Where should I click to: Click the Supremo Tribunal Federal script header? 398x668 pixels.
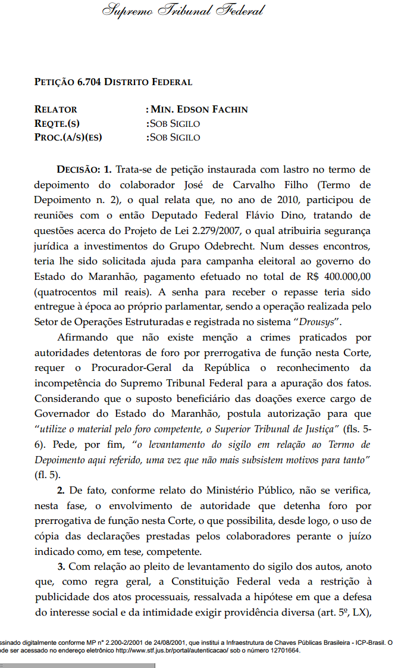[183, 11]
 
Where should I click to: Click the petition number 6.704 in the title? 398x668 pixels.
[89, 82]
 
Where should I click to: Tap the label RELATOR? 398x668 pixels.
[56, 110]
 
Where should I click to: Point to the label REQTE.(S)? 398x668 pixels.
[57, 123]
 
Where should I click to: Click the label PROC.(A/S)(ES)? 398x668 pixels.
[68, 137]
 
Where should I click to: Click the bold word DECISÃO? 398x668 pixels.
[79, 170]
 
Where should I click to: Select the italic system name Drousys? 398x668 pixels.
[314, 323]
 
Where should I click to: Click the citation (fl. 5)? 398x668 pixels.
[47, 475]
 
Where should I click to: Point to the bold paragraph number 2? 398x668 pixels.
[61, 491]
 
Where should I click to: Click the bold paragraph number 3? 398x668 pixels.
[61, 566]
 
